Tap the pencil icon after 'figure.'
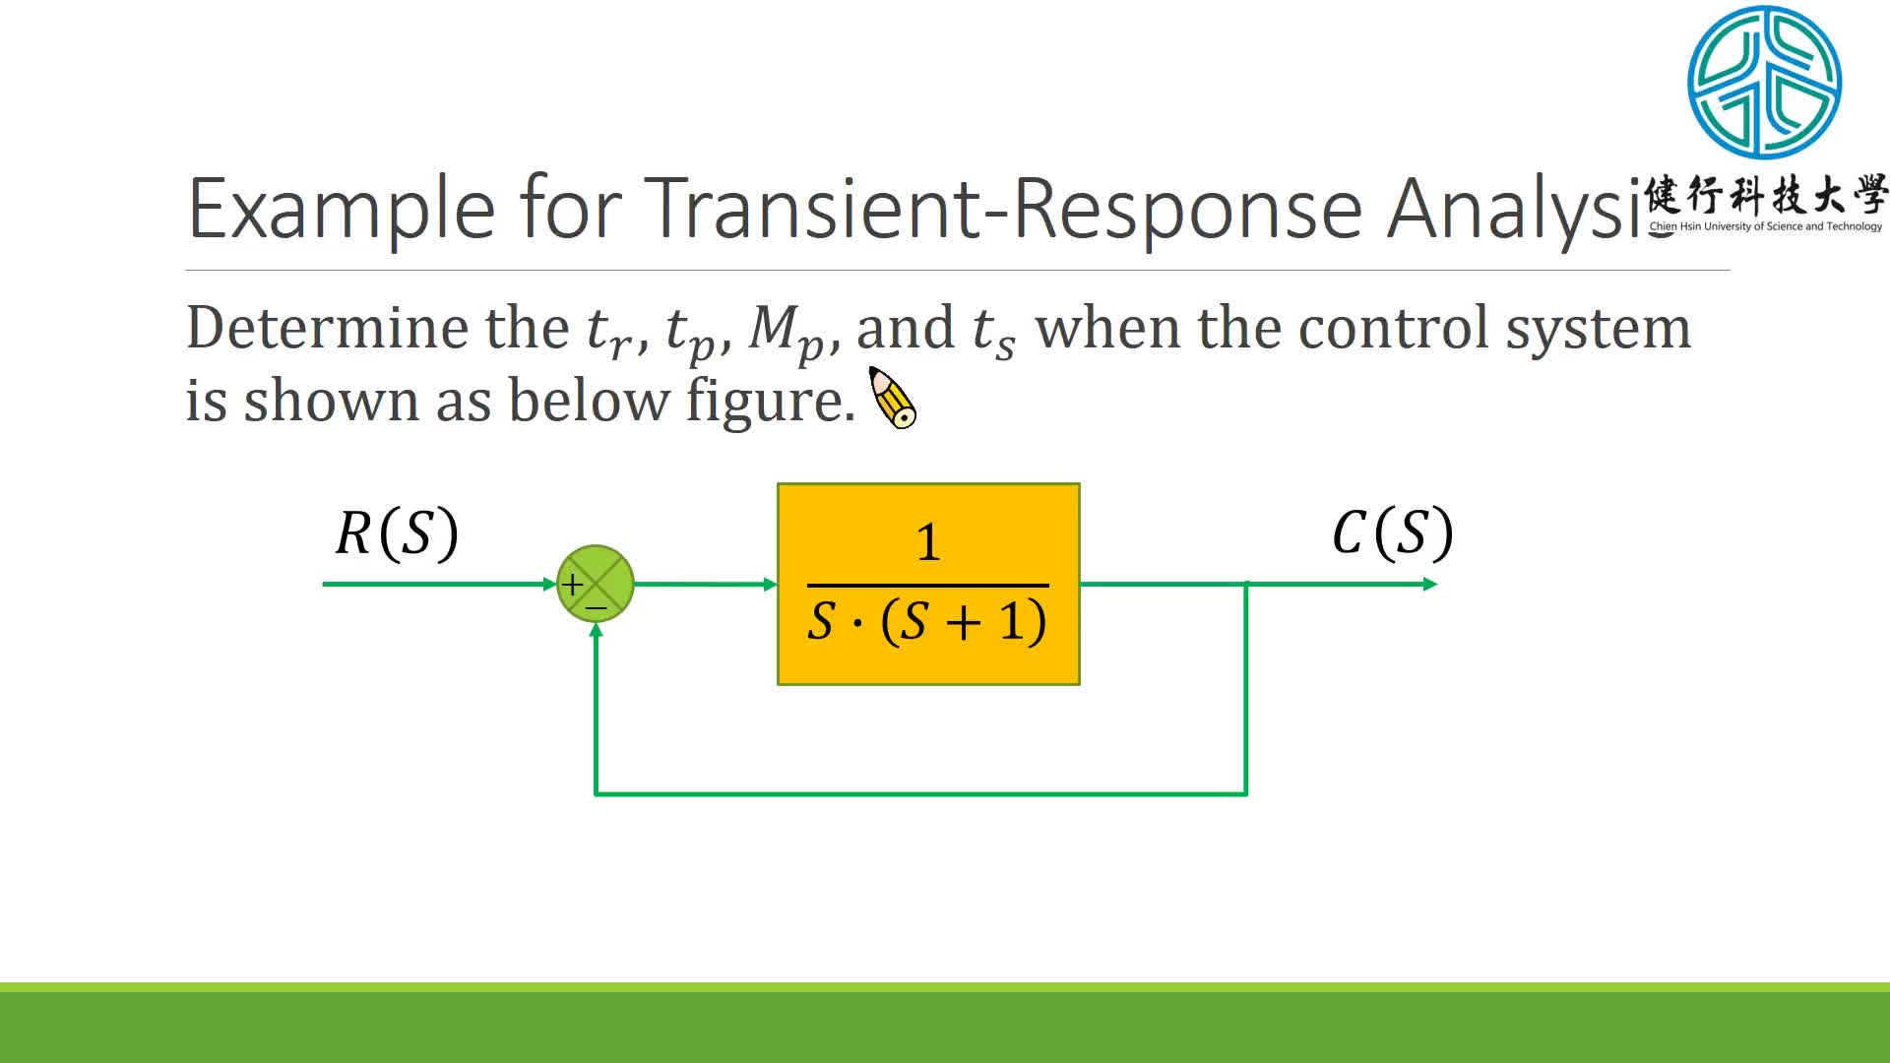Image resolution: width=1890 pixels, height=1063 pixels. tap(893, 399)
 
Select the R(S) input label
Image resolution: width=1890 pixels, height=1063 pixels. tap(397, 533)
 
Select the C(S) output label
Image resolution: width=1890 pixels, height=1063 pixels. tap(1392, 533)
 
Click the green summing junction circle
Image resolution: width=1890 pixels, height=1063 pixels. tap(596, 584)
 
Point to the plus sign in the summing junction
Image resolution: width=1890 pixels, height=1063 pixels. tap(572, 585)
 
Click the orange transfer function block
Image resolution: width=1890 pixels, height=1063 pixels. tap(928, 584)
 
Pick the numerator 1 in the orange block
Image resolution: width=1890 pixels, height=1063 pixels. tap(928, 542)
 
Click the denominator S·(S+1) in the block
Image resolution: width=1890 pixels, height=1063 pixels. tap(927, 621)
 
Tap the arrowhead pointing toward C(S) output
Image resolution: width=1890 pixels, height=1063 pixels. tap(1430, 585)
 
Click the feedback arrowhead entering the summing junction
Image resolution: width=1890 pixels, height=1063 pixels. tap(596, 630)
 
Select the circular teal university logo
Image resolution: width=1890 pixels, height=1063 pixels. tap(1764, 83)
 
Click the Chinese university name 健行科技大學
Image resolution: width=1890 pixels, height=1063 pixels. tap(1766, 196)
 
